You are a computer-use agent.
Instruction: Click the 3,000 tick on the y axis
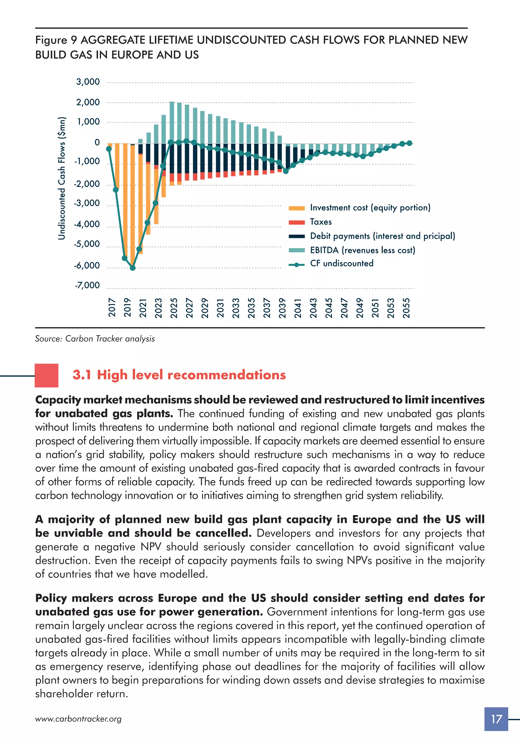(88, 82)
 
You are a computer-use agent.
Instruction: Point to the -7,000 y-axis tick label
(87, 285)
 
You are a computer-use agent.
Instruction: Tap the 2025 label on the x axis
(174, 308)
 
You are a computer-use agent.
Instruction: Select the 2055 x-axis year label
(406, 308)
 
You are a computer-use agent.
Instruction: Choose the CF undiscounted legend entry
(342, 264)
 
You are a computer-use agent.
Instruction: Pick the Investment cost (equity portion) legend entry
(370, 208)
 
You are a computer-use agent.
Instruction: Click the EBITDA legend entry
(363, 250)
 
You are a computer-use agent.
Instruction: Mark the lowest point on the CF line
(132, 268)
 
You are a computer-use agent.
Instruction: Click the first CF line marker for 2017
(109, 149)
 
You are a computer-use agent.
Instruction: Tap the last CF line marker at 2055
(410, 143)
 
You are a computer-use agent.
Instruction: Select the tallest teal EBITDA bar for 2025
(172, 122)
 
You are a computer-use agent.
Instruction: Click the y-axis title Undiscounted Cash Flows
(62, 178)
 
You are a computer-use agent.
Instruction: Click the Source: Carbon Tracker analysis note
(95, 339)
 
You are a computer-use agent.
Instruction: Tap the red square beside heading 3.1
(47, 375)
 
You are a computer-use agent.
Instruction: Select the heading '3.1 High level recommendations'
(179, 375)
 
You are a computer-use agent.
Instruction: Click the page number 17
(496, 719)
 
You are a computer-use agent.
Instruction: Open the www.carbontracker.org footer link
(78, 719)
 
